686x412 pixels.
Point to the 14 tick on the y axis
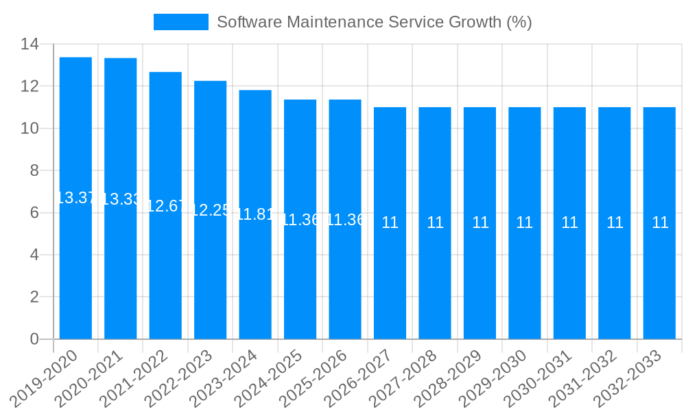tap(29, 45)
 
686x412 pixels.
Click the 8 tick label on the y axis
tap(34, 171)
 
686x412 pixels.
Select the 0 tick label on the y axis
tap(34, 339)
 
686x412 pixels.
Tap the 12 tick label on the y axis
tap(29, 87)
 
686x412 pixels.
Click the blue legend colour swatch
tap(180, 22)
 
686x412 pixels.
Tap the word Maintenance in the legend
tap(329, 22)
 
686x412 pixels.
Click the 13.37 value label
tap(75, 198)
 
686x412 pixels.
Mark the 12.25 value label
tap(210, 210)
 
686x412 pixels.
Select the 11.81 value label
tap(255, 214)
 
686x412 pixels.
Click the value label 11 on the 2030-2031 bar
tap(569, 222)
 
